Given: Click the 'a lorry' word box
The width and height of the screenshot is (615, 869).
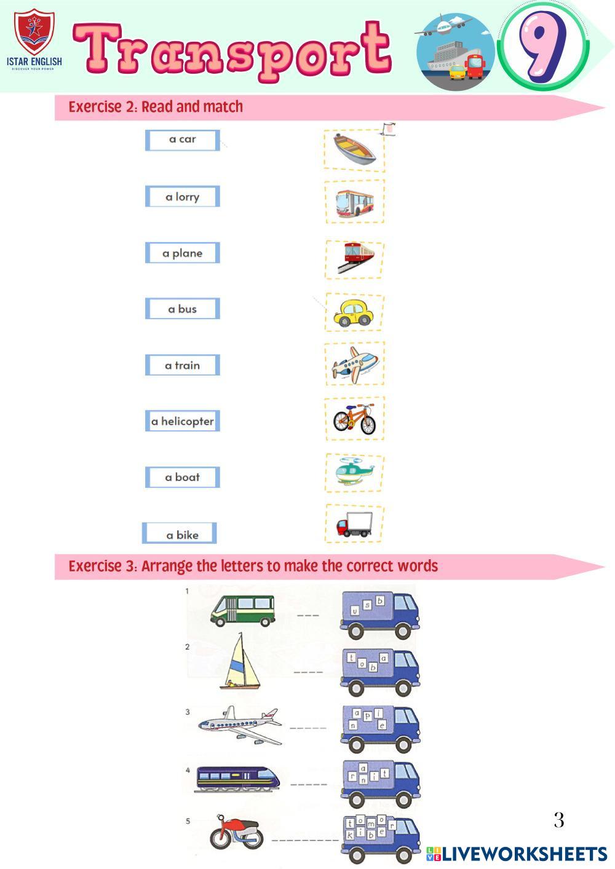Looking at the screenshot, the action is coord(183,196).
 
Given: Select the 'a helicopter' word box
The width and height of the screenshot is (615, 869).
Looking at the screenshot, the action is coord(183,421).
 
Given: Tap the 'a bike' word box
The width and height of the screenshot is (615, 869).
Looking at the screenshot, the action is coord(179,533).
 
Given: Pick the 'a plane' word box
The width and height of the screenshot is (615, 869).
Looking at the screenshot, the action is coord(183,253).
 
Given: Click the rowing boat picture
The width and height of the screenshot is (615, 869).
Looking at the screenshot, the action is coord(354,149).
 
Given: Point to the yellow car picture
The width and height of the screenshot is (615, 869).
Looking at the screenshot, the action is coord(353,313).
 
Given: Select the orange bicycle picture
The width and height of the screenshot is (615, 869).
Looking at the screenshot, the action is coord(354,419).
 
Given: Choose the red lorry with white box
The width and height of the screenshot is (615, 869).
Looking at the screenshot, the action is coord(354,524).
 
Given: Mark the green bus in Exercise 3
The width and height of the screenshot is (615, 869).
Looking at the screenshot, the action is coord(242,611).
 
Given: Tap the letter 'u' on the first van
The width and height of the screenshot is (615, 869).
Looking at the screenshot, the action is coord(354,611).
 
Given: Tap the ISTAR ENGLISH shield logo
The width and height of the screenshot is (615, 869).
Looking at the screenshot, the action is coord(34,33).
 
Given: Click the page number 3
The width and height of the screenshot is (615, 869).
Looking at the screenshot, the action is coord(558,820).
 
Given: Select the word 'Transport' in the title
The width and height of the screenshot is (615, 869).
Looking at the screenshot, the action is coord(232,50).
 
